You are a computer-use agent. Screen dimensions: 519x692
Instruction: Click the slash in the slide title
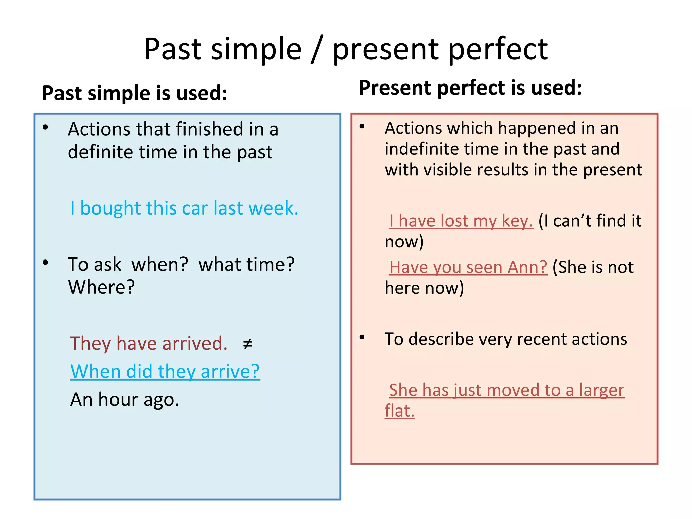pos(317,50)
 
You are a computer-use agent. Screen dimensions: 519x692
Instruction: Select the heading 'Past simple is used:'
pos(134,93)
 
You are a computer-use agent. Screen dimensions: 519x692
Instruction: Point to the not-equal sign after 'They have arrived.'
pos(248,344)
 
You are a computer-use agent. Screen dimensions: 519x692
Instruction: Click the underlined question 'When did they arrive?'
pos(165,371)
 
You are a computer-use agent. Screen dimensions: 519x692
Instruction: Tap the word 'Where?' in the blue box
pos(101,287)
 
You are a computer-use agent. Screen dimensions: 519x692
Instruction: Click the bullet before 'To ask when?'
pos(46,263)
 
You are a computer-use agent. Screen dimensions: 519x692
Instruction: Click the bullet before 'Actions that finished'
pos(46,127)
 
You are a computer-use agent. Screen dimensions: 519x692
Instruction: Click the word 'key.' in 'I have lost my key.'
pos(517,221)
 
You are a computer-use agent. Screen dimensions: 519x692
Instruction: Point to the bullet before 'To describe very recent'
pos(362,337)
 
